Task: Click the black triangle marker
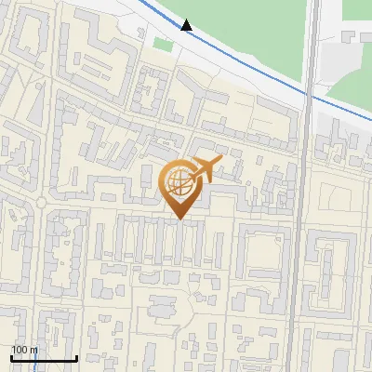tap(187, 25)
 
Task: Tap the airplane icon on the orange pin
tap(202, 170)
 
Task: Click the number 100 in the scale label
tap(20, 350)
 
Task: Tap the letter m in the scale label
tap(33, 350)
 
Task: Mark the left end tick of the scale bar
tap(10, 356)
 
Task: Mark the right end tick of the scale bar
tap(75, 356)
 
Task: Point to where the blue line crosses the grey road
tap(308, 93)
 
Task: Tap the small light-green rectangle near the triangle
tap(163, 45)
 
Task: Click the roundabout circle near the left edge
tap(41, 203)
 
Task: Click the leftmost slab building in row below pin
tap(99, 242)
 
